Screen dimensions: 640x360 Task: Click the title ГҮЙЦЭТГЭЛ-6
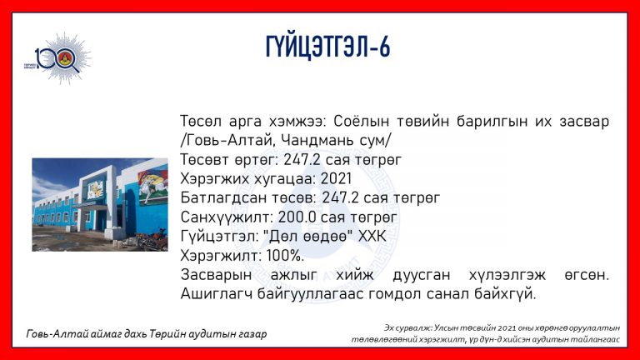[x=327, y=47]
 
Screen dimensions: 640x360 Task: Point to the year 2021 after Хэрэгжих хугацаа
[x=336, y=179]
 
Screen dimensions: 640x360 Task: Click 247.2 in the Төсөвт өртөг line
[x=302, y=160]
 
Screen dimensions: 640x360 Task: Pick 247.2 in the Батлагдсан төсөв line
[x=340, y=198]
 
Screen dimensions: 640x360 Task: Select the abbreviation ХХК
[x=372, y=237]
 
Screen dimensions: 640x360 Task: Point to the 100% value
[x=285, y=256]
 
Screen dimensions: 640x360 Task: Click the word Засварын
[x=216, y=275]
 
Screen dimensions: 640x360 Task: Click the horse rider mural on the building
[x=152, y=187]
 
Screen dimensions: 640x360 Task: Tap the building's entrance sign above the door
[x=95, y=191]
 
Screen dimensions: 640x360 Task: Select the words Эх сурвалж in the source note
[x=407, y=327]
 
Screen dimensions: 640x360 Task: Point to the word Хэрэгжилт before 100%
[x=220, y=256]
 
